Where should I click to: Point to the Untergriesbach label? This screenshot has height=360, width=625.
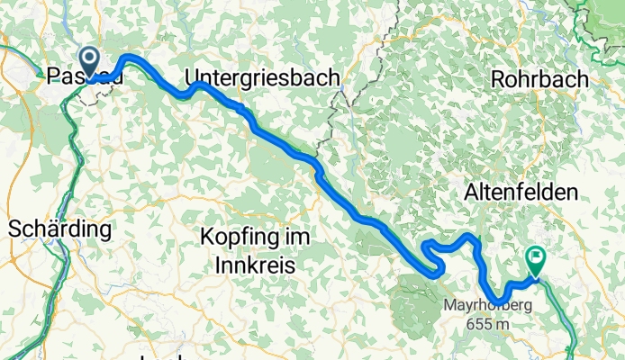pos(262,78)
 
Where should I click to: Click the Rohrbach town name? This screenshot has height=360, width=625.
pos(539,79)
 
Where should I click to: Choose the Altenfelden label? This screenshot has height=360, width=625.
pos(532,192)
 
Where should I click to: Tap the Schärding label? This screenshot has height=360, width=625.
pos(59,229)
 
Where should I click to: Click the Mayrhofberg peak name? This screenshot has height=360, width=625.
pos(486,305)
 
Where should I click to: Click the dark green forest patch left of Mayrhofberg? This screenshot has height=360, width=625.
pos(417,293)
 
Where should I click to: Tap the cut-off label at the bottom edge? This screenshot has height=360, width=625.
pos(162,356)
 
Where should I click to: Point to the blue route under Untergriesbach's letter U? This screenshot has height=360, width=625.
pos(195,85)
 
